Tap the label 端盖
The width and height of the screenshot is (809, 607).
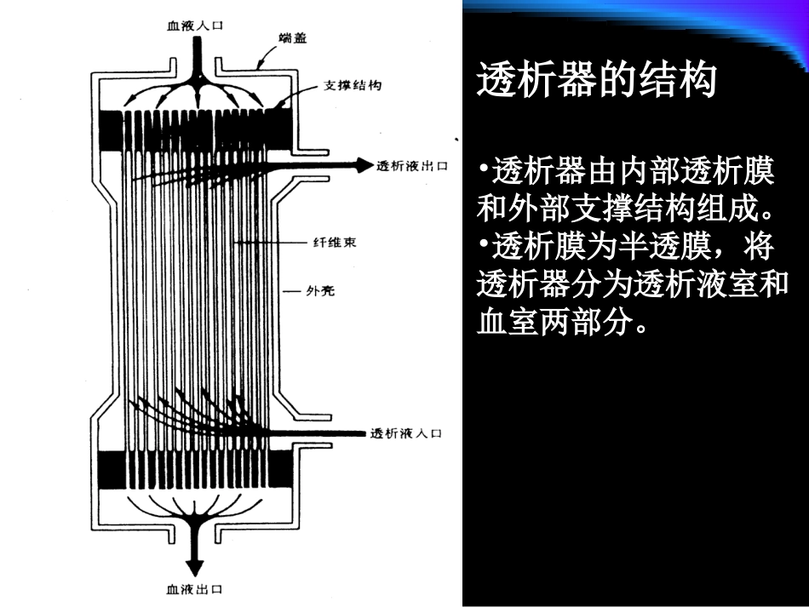coord(292,39)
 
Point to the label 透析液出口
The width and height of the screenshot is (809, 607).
coord(412,165)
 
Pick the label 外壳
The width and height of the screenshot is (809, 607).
coord(320,291)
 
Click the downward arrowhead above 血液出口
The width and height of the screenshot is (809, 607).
coord(196,567)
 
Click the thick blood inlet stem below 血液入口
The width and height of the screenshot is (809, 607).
coord(196,60)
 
